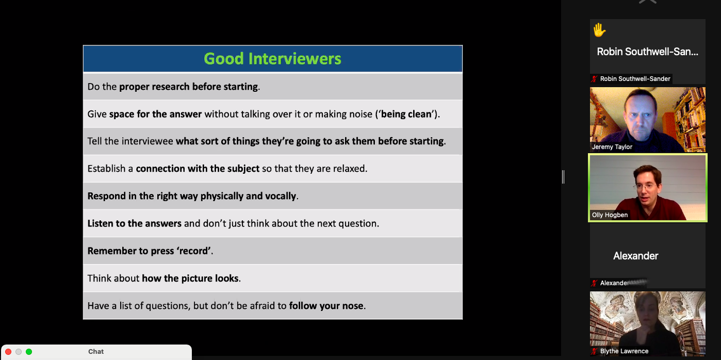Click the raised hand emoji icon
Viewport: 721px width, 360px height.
coord(599,30)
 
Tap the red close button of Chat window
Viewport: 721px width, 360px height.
coord(8,352)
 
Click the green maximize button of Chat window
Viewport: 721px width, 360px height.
coord(29,352)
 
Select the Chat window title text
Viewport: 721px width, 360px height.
coord(96,351)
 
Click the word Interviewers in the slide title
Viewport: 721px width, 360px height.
coord(294,59)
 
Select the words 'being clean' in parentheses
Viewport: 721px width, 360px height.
coord(406,114)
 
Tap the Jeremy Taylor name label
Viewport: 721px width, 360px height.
coord(612,147)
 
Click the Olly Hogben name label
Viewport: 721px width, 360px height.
coord(610,215)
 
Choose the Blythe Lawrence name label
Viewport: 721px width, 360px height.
coord(624,351)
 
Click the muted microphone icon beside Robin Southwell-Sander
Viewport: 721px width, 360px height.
coord(595,79)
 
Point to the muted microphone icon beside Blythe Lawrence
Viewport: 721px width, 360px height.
coord(595,351)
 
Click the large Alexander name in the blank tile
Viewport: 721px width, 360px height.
coord(635,256)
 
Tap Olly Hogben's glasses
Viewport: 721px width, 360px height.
coord(646,186)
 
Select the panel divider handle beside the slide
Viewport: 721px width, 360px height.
coord(563,177)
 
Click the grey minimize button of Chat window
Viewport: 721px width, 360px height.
coord(19,352)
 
